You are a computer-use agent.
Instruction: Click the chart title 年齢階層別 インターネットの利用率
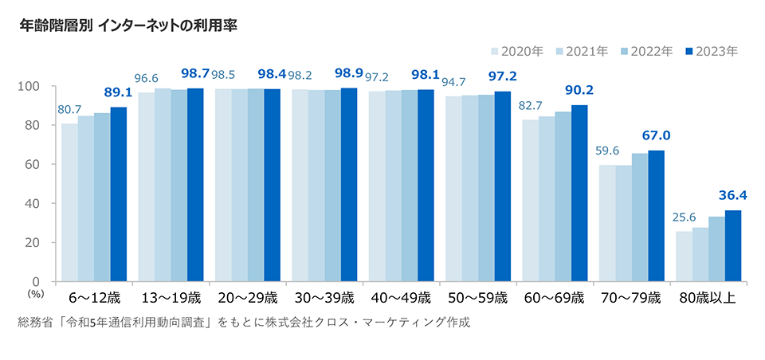tap(127, 25)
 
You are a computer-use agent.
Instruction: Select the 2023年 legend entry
tap(711, 51)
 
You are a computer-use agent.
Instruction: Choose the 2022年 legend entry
tap(646, 51)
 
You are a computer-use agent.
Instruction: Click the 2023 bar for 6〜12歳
tap(119, 194)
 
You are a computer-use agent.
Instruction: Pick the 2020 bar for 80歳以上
tap(684, 256)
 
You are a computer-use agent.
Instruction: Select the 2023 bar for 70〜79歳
tap(656, 215)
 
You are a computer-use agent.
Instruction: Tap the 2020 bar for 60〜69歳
tap(530, 200)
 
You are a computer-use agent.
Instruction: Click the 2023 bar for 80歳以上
tap(732, 245)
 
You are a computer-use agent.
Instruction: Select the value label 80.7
tap(69, 108)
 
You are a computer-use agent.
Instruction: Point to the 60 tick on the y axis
tap(33, 164)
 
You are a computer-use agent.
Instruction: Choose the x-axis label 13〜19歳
tap(170, 299)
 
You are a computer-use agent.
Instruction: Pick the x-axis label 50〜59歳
tap(478, 299)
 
